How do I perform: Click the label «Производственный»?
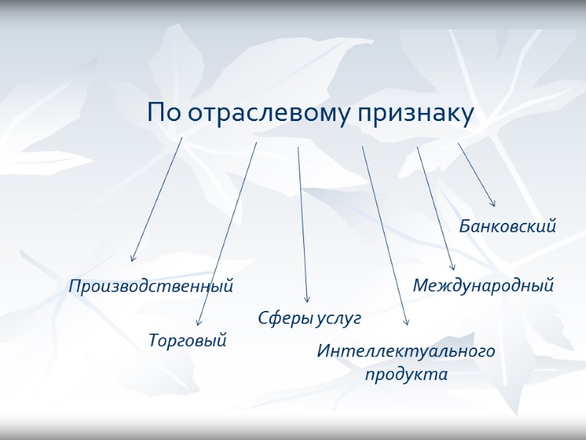pos(151,286)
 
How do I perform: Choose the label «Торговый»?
pos(188,340)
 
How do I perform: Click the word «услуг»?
pos(338,318)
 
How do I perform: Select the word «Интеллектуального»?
pos(406,351)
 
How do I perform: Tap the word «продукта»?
pos(406,374)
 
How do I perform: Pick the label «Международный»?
pos(483,285)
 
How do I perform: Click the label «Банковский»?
pos(508,227)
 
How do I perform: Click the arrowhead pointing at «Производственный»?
pos(133,259)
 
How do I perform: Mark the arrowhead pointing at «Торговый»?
pos(199,323)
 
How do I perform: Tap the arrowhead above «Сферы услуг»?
pos(307,300)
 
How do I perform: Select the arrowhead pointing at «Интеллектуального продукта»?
pos(407,323)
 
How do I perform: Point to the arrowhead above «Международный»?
pos(453,268)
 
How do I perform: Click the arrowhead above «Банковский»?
pos(493,204)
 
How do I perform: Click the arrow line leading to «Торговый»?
pos(228,232)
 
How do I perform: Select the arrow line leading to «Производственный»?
pos(157,198)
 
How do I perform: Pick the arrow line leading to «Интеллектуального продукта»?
pos(385,235)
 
